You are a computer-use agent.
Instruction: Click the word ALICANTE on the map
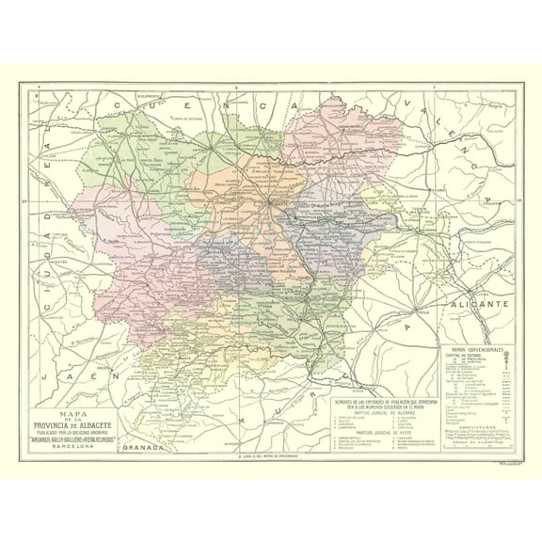tap(479, 306)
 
